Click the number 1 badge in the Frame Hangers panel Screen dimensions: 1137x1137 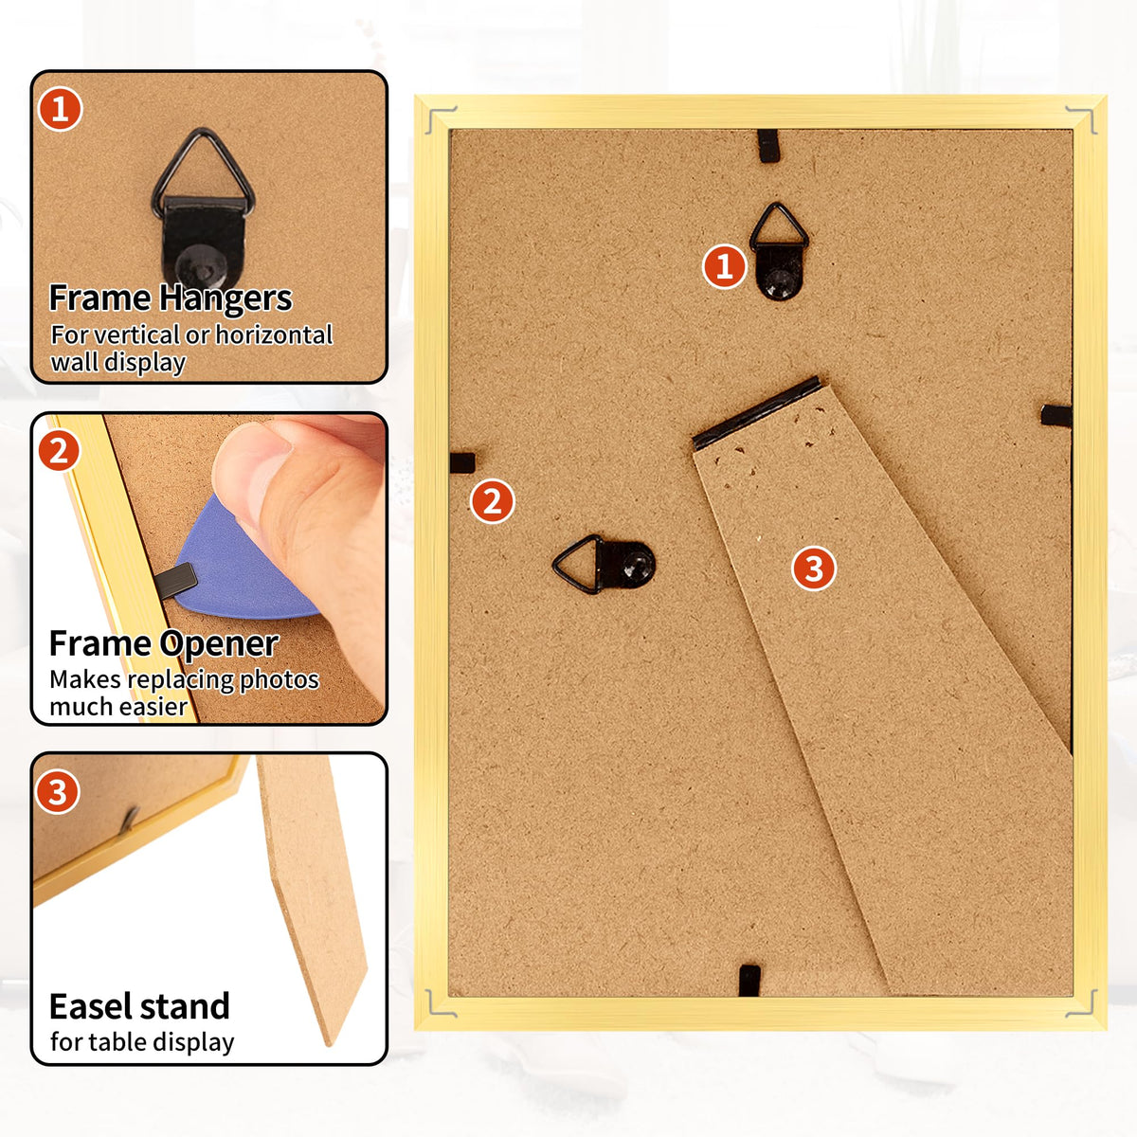[x=60, y=109]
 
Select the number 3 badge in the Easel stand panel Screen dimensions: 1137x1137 [x=57, y=792]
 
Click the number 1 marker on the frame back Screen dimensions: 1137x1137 [x=725, y=266]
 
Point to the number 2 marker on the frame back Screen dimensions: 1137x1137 [x=493, y=501]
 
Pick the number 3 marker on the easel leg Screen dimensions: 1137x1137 [x=814, y=568]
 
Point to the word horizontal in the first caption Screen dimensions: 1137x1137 [x=274, y=334]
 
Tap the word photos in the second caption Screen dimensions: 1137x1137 [x=280, y=681]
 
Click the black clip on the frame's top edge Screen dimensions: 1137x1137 [x=768, y=146]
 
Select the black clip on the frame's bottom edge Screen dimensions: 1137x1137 [x=749, y=980]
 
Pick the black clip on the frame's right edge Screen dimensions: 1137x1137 [x=1056, y=415]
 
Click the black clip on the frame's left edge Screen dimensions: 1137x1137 [x=462, y=462]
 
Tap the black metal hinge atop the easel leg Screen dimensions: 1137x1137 [x=756, y=412]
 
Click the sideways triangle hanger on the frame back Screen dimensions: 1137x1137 [x=604, y=564]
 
